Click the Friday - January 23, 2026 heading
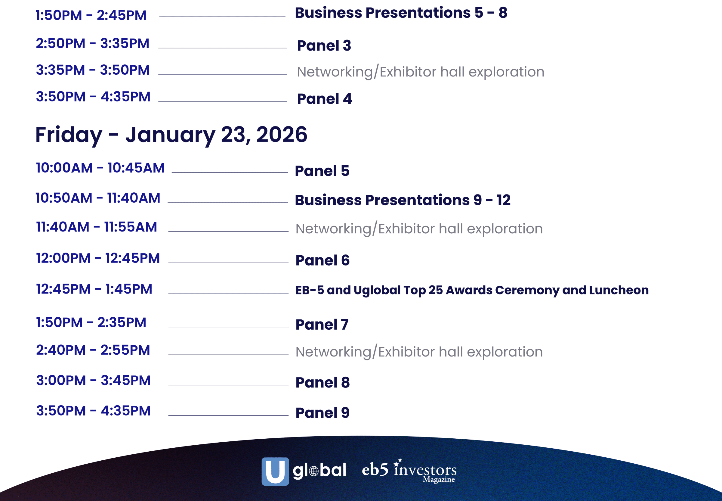(171, 135)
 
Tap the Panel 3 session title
(324, 46)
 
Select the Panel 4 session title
(324, 99)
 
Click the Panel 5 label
(322, 171)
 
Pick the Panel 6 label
(322, 260)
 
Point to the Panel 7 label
(322, 325)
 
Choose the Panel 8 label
(322, 383)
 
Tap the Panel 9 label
(322, 413)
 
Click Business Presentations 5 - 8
(401, 13)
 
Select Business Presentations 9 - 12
(403, 200)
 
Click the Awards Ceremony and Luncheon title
(472, 290)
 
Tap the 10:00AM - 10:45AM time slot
(100, 168)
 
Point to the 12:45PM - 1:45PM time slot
(94, 289)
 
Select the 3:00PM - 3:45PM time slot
(94, 381)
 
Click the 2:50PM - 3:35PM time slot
(93, 44)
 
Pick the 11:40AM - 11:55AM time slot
(97, 227)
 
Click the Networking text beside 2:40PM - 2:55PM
(419, 352)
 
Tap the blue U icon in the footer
(275, 471)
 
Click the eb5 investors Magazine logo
(409, 471)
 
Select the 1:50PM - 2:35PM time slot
(91, 323)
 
